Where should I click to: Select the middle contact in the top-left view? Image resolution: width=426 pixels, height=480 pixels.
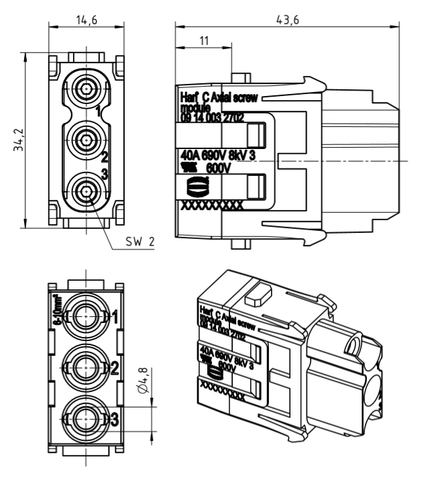click(86, 140)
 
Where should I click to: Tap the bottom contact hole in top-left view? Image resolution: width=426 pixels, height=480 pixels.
click(86, 192)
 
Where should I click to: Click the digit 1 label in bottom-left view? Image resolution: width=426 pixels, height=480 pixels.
click(115, 316)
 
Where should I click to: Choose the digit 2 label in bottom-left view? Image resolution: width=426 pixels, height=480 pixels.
click(115, 368)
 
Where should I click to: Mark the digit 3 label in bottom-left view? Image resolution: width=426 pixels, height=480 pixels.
click(115, 420)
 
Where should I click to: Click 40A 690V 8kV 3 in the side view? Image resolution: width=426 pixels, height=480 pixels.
click(219, 156)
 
